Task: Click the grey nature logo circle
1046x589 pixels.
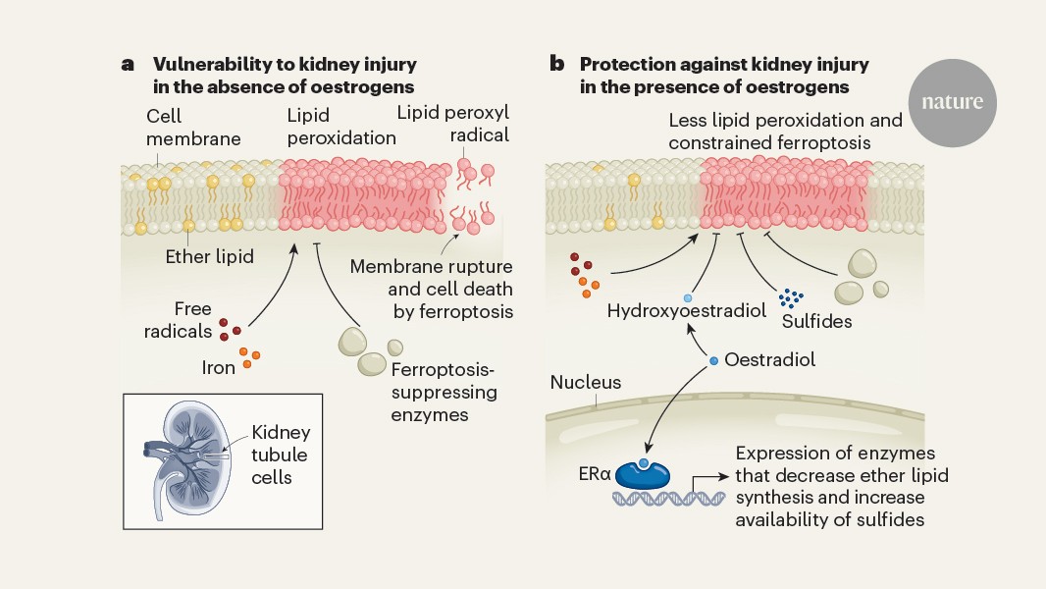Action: pos(952,102)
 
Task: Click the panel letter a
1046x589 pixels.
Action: pos(128,65)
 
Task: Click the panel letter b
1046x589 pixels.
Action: pos(556,65)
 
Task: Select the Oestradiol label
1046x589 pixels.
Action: pos(770,360)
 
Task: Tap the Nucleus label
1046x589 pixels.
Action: pos(586,382)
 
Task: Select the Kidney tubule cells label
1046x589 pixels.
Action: pos(280,455)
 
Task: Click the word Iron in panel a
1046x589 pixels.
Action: pos(219,368)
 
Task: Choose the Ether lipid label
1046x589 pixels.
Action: pos(208,257)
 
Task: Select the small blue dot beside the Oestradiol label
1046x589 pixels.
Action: pos(713,361)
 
